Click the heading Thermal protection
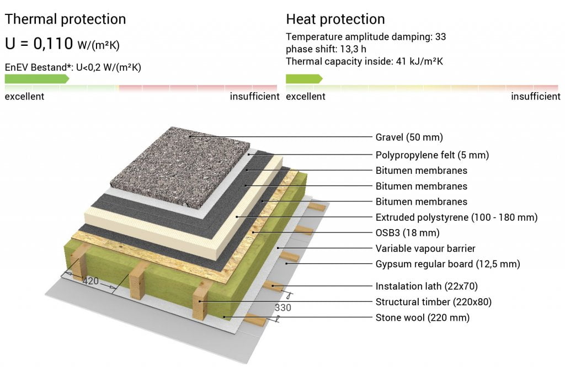tap(65, 19)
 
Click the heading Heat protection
tap(335, 19)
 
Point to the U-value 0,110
tap(54, 44)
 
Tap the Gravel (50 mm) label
tap(409, 137)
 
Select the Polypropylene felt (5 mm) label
tap(433, 155)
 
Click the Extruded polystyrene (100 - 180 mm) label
tap(456, 217)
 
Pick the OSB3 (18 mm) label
tap(408, 233)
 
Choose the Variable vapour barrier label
tap(425, 248)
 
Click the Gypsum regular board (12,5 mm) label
tap(448, 264)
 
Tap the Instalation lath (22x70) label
tap(427, 286)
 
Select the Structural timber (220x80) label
tap(434, 302)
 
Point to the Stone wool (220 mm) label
tap(423, 317)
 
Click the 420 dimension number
tap(90, 281)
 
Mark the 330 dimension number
tap(283, 307)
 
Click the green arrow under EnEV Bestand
tap(37, 78)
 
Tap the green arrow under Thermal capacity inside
tap(304, 78)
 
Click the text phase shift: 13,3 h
tap(326, 49)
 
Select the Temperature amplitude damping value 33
tap(440, 37)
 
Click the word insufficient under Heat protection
tap(535, 96)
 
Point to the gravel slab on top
tap(180, 168)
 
